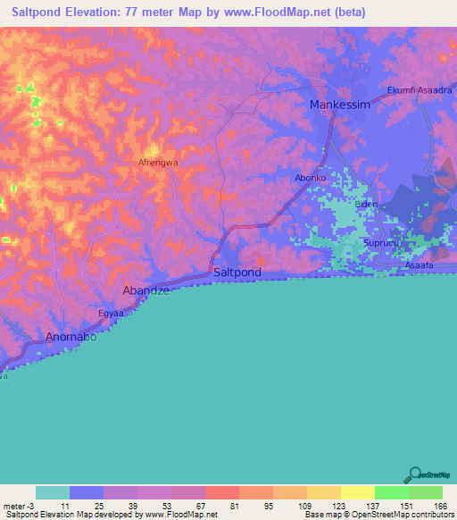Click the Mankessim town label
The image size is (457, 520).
338,105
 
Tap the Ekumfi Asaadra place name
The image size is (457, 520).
420,90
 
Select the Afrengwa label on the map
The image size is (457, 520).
157,164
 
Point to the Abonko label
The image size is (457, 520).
311,179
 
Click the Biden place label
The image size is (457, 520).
366,205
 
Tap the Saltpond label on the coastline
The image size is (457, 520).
237,272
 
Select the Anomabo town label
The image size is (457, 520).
71,338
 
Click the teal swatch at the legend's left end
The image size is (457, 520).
53,492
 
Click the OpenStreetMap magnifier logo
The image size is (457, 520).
415,474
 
